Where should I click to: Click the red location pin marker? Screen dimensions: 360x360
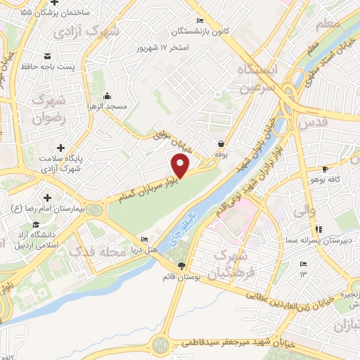point(181,166)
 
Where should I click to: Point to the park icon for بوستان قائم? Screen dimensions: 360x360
point(182,265)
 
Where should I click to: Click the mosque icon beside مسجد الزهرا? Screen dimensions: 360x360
point(106,96)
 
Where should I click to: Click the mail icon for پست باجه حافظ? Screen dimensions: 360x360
point(47,56)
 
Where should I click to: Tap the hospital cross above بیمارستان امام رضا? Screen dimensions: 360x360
point(47,198)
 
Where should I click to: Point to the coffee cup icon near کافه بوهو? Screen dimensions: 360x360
point(325,169)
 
